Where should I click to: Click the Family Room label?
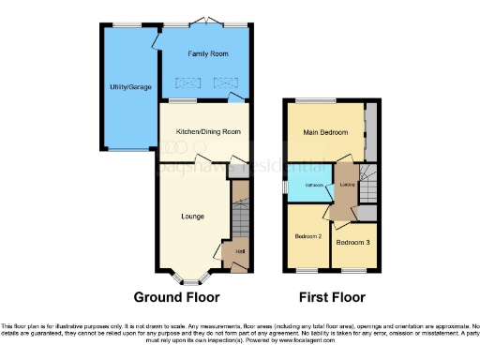[208, 54]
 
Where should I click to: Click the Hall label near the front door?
[240, 251]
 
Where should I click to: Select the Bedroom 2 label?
[308, 236]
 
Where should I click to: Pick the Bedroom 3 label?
[352, 243]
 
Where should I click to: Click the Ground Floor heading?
[177, 297]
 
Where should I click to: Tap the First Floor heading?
[332, 297]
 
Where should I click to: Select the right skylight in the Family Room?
[225, 82]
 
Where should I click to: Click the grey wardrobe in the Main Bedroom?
[370, 131]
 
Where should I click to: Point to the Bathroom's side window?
[288, 186]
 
